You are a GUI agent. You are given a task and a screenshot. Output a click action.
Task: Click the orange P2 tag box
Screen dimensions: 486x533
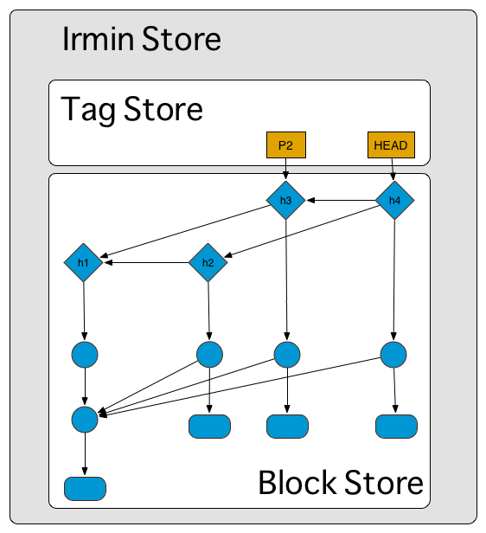[x=286, y=145]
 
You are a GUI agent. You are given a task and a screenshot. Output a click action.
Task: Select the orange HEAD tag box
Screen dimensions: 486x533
[x=391, y=145]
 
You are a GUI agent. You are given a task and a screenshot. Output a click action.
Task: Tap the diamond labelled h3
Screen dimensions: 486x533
[x=285, y=200]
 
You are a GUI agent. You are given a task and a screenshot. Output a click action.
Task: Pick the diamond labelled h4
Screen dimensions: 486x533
[x=394, y=200]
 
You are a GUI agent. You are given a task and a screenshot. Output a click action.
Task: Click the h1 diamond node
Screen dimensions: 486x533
[x=83, y=262]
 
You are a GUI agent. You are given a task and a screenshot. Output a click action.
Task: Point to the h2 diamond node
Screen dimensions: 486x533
[x=208, y=262]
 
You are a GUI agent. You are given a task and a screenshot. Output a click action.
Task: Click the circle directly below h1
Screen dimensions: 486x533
[x=85, y=355]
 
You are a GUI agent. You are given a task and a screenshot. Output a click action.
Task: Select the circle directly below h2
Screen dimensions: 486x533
[x=209, y=355]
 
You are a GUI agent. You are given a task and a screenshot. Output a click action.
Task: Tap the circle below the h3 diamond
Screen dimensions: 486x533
[x=287, y=355]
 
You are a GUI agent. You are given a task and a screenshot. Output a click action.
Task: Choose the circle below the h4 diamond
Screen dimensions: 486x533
[x=393, y=355]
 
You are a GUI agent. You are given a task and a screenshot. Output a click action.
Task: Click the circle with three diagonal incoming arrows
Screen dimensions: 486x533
[x=85, y=420]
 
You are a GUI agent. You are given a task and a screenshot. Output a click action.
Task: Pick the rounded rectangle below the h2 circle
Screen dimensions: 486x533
[x=209, y=427]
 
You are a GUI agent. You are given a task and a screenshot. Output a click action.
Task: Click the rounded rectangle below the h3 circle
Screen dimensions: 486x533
[x=287, y=427]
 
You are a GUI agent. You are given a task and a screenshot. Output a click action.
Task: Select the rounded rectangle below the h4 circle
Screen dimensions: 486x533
[x=396, y=427]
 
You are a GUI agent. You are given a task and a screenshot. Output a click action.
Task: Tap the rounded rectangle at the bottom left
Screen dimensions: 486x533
[x=85, y=489]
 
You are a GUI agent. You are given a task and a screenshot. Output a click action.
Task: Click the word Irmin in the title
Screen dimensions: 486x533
[x=98, y=38]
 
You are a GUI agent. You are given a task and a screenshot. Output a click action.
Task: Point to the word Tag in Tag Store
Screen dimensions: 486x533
[x=88, y=109]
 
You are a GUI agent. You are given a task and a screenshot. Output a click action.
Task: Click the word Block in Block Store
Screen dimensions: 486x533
[x=297, y=482]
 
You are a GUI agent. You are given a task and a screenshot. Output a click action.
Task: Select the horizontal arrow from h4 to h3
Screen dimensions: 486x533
[x=341, y=200]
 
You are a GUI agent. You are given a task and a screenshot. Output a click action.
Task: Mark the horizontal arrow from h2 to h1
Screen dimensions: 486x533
[x=147, y=262]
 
